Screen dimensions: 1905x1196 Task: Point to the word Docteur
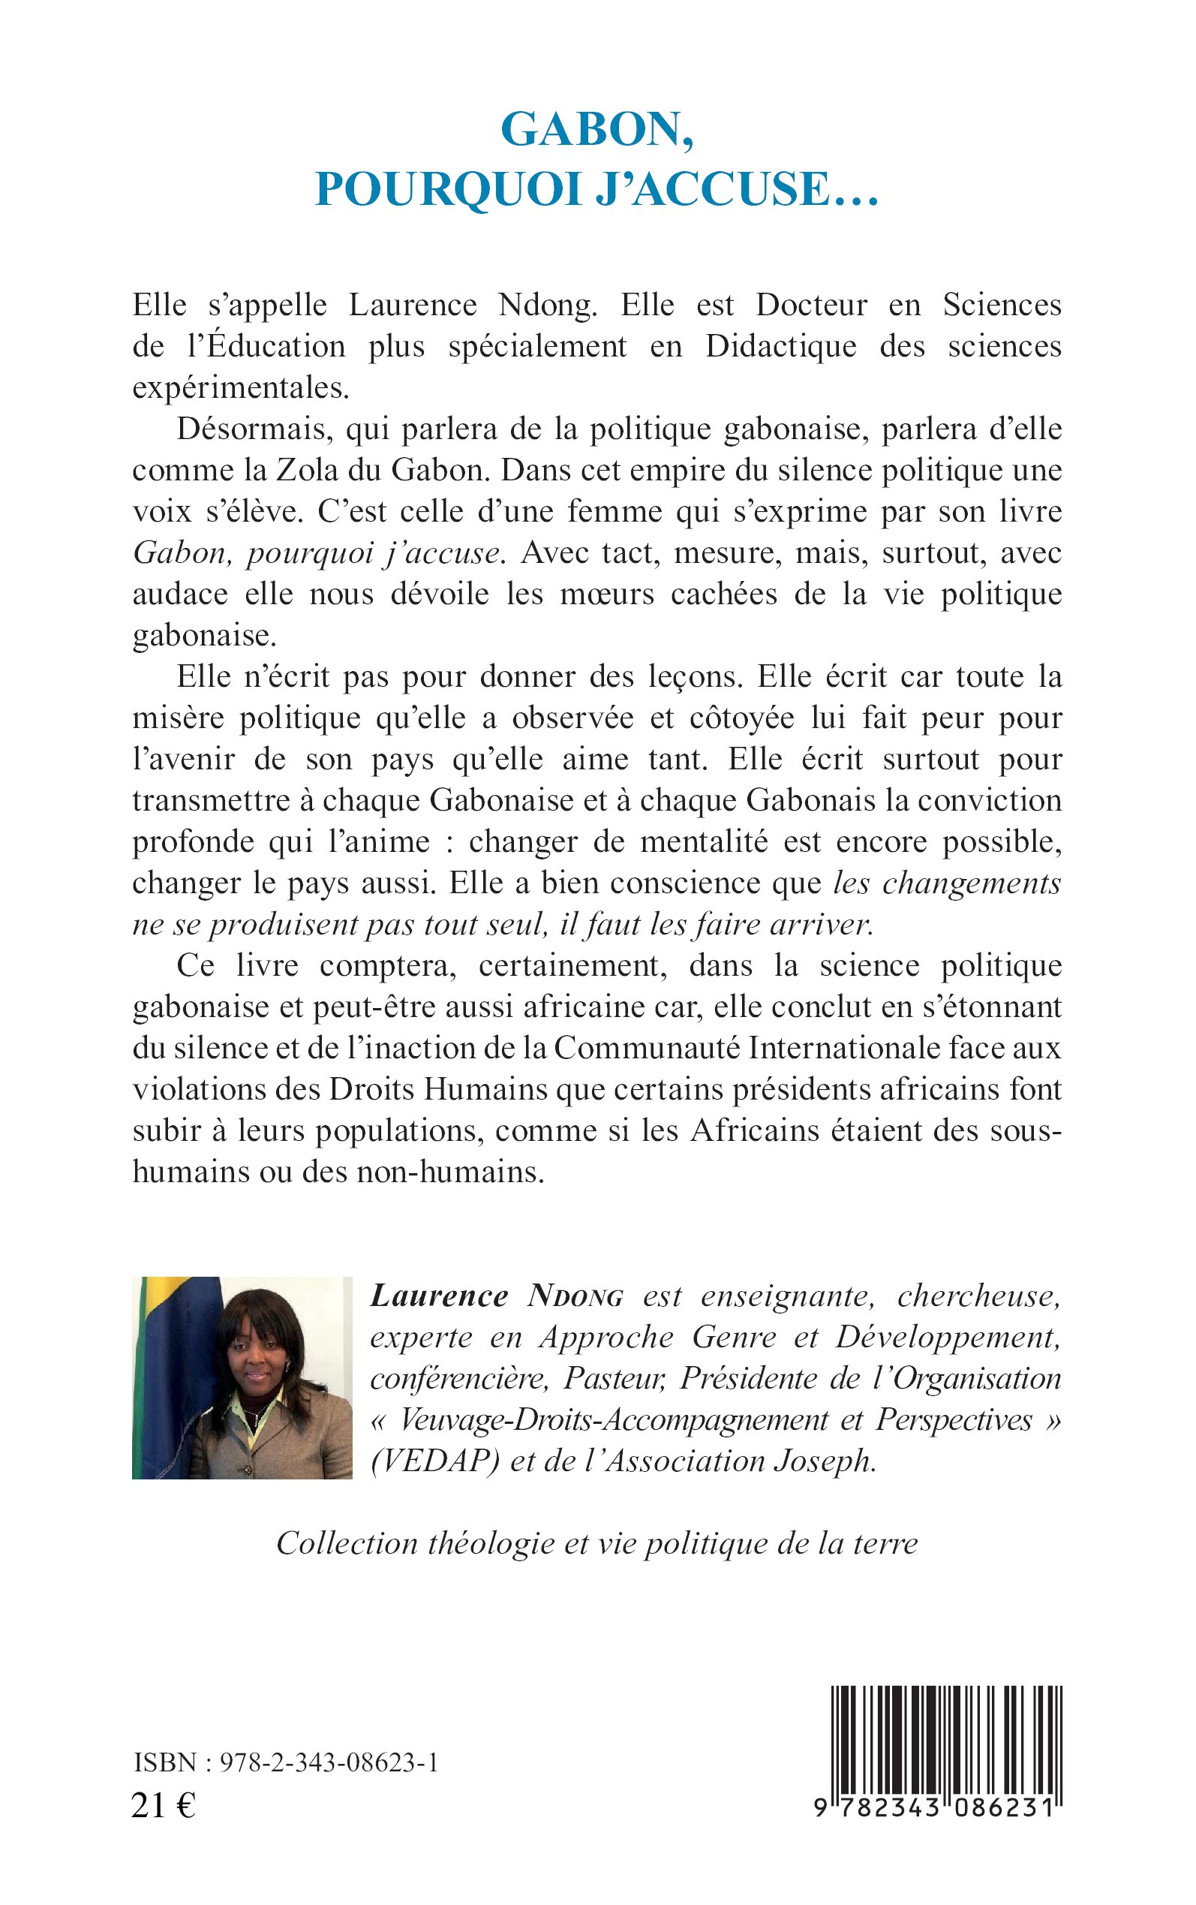point(811,305)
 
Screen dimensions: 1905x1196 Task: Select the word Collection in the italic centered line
point(347,1543)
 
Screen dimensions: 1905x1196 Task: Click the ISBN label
point(164,1762)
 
